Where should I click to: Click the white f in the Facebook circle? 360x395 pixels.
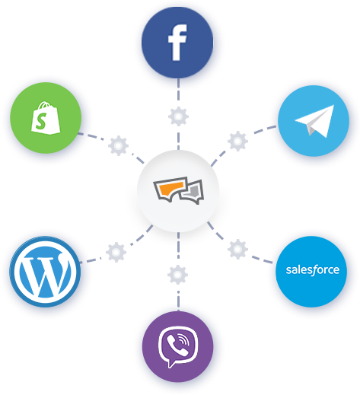(x=177, y=43)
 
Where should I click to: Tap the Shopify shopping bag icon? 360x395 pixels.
(x=46, y=117)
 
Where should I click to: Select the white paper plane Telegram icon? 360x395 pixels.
(x=315, y=121)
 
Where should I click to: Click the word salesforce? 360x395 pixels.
(x=313, y=270)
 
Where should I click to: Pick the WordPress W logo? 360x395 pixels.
(x=45, y=272)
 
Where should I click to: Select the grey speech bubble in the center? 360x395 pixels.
(x=192, y=193)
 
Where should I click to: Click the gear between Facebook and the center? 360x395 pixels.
(x=178, y=116)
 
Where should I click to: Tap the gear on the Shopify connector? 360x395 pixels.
(x=118, y=145)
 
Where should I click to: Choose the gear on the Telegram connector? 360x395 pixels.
(x=237, y=141)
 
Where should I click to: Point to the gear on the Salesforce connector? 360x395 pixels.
(x=237, y=249)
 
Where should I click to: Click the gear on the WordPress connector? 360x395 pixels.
(x=116, y=252)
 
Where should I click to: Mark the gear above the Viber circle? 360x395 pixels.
(x=177, y=275)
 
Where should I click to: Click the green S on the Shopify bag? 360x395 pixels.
(x=41, y=121)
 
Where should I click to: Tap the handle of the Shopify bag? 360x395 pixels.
(x=45, y=104)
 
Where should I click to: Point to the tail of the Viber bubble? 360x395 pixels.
(x=171, y=363)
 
